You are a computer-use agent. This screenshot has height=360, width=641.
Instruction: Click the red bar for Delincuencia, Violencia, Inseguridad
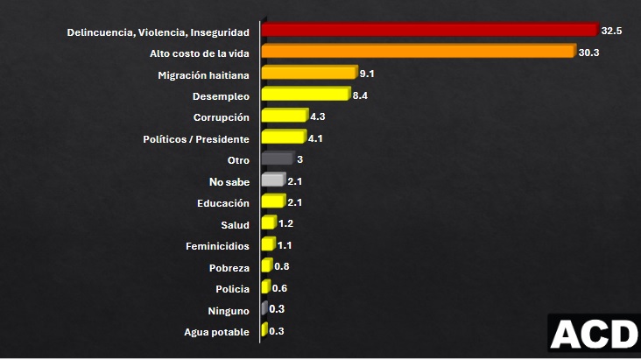[429, 31]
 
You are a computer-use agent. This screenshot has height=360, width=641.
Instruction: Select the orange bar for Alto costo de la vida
[419, 52]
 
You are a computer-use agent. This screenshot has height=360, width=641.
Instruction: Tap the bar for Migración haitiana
[309, 73]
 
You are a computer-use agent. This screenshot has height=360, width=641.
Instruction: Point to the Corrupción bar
[284, 116]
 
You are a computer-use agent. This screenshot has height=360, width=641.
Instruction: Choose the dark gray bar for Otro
[277, 159]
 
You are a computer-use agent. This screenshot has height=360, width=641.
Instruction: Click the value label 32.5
[611, 31]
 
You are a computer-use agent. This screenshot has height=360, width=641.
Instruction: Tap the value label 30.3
[588, 53]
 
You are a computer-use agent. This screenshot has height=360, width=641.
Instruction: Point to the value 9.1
[368, 74]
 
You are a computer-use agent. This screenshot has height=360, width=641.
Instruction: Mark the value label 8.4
[359, 95]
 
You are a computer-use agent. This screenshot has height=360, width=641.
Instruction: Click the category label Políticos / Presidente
[196, 139]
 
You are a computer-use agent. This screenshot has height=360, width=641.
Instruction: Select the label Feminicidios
[217, 246]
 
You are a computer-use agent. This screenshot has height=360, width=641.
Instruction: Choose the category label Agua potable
[216, 332]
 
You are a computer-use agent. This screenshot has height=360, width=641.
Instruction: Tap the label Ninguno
[229, 311]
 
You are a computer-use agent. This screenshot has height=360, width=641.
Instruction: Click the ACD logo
[595, 335]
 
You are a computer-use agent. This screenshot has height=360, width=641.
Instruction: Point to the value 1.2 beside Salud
[285, 224]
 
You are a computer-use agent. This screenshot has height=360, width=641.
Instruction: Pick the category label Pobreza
[229, 268]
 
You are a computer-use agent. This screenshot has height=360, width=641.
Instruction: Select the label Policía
[231, 289]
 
